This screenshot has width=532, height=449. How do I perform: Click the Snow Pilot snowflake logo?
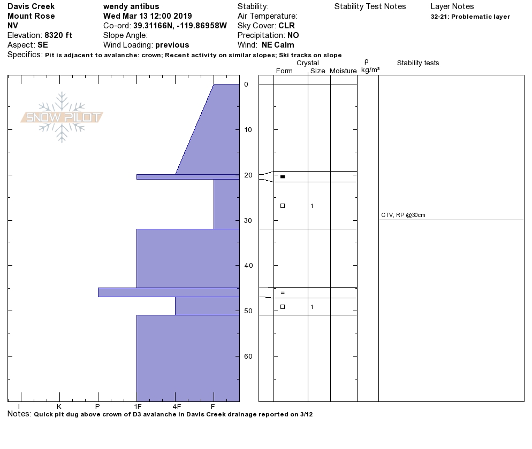click(62, 117)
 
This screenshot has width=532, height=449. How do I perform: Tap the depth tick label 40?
click(248, 266)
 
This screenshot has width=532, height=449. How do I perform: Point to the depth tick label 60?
click(248, 357)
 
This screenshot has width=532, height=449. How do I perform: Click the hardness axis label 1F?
click(138, 407)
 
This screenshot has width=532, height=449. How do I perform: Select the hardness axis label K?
click(59, 407)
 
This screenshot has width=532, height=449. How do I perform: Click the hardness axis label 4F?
click(177, 407)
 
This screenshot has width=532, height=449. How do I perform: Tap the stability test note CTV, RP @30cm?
click(403, 215)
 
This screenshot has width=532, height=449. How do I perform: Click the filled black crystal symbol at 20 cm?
click(283, 176)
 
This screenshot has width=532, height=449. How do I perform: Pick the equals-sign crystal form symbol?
click(283, 293)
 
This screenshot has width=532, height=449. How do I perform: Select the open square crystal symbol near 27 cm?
click(283, 206)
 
